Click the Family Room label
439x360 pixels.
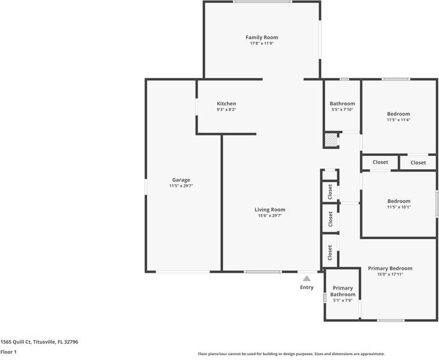261,37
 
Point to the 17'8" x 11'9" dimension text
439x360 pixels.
261,43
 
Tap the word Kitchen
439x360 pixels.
226,104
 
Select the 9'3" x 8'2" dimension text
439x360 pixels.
226,110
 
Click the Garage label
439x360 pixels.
181,180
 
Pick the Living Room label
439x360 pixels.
270,209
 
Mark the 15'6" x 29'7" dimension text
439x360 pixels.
270,216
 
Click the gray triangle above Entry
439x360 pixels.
307,278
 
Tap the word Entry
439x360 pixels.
307,287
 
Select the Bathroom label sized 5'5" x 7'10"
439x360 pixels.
342,104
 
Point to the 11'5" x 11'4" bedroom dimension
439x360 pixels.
398,120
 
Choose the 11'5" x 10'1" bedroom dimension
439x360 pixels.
398,207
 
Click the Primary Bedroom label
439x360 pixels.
390,268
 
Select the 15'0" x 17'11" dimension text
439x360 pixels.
390,275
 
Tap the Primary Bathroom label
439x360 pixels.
343,291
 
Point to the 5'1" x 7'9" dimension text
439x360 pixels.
343,300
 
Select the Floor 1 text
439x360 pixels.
8,352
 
